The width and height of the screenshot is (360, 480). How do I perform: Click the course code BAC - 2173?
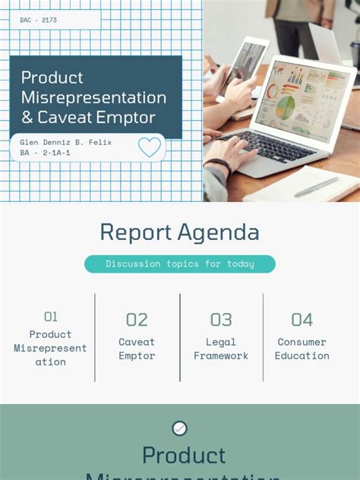click(x=39, y=20)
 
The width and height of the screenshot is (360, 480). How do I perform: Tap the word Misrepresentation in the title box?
click(x=93, y=98)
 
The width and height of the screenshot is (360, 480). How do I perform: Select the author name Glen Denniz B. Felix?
click(x=65, y=142)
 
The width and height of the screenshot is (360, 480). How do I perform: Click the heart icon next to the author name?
click(x=150, y=147)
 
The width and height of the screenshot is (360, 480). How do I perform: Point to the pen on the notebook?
click(x=316, y=187)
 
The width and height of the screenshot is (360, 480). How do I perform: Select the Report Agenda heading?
click(x=179, y=232)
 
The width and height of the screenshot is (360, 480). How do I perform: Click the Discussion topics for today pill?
click(x=179, y=264)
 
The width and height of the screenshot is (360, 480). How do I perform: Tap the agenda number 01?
click(x=51, y=317)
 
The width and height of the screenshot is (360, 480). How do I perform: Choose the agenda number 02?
click(x=137, y=320)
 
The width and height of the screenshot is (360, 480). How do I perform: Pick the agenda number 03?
click(x=221, y=320)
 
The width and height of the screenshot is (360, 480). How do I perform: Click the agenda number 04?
click(x=302, y=320)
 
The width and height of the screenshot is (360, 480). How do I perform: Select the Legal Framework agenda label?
click(x=221, y=349)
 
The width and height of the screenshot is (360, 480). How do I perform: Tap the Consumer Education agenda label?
click(x=302, y=349)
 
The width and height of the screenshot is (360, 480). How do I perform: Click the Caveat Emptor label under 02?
click(x=137, y=349)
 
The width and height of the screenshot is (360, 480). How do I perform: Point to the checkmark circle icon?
click(x=179, y=428)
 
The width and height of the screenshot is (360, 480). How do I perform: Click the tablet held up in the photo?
click(x=245, y=65)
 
